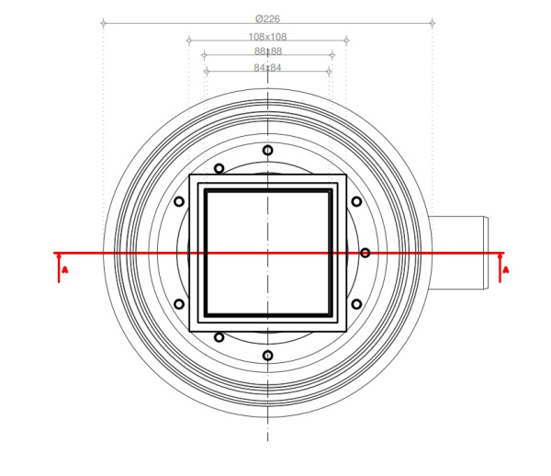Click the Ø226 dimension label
click(268, 18)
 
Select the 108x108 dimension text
click(268, 37)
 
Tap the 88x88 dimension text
click(268, 51)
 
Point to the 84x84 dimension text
click(268, 67)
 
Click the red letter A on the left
click(64, 270)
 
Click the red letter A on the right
click(506, 270)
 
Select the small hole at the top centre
click(268, 150)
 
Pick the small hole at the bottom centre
click(268, 356)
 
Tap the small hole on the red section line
click(365, 253)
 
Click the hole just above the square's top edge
click(219, 168)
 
